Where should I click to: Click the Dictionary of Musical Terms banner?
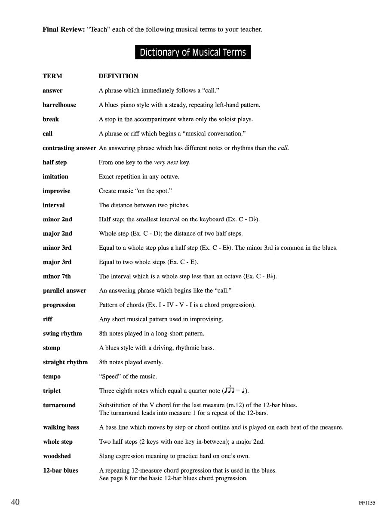[x=193, y=52]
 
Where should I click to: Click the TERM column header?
[x=52, y=76]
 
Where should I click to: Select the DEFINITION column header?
[x=118, y=76]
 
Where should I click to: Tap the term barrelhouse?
[x=59, y=105]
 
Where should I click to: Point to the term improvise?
[x=56, y=191]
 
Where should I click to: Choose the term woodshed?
[x=57, y=456]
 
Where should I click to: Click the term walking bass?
[x=61, y=427]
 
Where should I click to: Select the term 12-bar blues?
[x=60, y=470]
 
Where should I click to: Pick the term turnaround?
[x=59, y=405]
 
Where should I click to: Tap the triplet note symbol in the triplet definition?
[x=230, y=390]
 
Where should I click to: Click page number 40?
[x=15, y=502]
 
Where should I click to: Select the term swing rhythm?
[x=62, y=334]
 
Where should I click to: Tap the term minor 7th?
[x=57, y=276]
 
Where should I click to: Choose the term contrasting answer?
[x=69, y=148]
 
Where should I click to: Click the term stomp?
[x=52, y=348]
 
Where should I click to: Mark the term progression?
[x=59, y=305]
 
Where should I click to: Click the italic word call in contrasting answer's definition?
[x=283, y=148]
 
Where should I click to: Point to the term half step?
[x=55, y=163]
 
